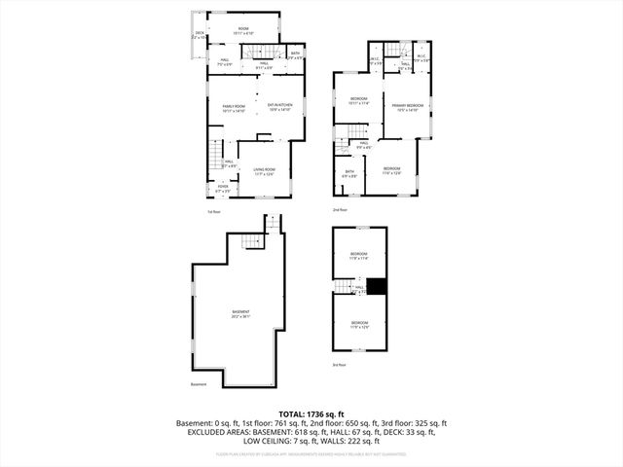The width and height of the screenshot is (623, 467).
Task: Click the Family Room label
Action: [x=234, y=108]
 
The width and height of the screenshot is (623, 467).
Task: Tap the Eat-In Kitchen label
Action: [x=281, y=108]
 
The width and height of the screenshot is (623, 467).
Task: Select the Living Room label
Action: [x=265, y=171]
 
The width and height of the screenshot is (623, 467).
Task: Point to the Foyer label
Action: [x=222, y=189]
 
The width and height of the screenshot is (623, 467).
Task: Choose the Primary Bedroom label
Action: [x=406, y=107]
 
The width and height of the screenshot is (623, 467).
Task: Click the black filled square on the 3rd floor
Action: [x=380, y=286]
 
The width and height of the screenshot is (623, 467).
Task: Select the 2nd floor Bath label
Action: [x=349, y=173]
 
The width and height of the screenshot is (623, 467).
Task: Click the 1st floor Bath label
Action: [x=294, y=55]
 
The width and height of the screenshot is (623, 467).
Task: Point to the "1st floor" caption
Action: [x=214, y=211]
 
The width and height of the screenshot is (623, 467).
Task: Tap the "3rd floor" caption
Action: [x=339, y=366]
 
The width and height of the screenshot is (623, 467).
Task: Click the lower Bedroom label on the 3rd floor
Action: [x=359, y=324]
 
